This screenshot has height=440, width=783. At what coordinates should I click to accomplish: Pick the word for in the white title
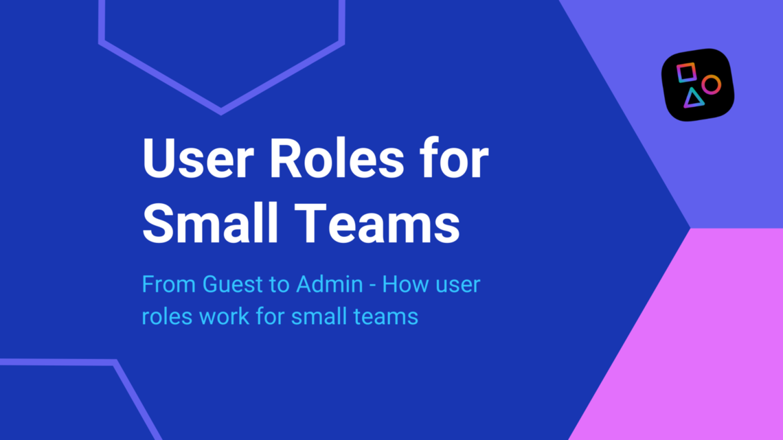pyautogui.click(x=454, y=160)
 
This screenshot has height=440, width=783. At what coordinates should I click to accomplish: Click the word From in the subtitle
pyautogui.click(x=169, y=284)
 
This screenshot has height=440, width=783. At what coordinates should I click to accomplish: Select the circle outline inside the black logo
pyautogui.click(x=711, y=84)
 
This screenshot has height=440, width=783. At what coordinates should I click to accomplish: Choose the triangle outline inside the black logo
pyautogui.click(x=694, y=98)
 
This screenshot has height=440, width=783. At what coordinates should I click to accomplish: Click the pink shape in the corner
pyautogui.click(x=694, y=343)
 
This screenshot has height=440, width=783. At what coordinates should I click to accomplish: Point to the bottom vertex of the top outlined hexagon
pyautogui.click(x=220, y=111)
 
